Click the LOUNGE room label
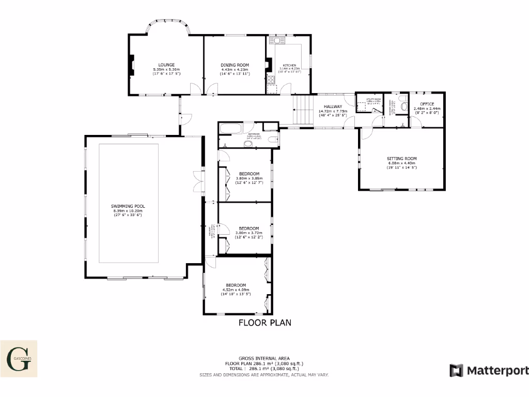(166, 65)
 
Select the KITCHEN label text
(289, 65)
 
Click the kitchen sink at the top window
(277, 40)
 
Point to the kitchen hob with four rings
(271, 79)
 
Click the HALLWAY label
(333, 106)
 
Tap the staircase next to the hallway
(303, 110)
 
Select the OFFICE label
(427, 104)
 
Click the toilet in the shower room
(403, 106)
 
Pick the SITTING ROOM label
(401, 159)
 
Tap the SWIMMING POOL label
(128, 206)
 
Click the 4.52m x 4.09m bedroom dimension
(236, 290)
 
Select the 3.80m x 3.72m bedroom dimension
(248, 233)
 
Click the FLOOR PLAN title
(264, 323)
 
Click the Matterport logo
(489, 371)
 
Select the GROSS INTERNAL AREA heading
(264, 358)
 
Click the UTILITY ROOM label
(374, 99)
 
